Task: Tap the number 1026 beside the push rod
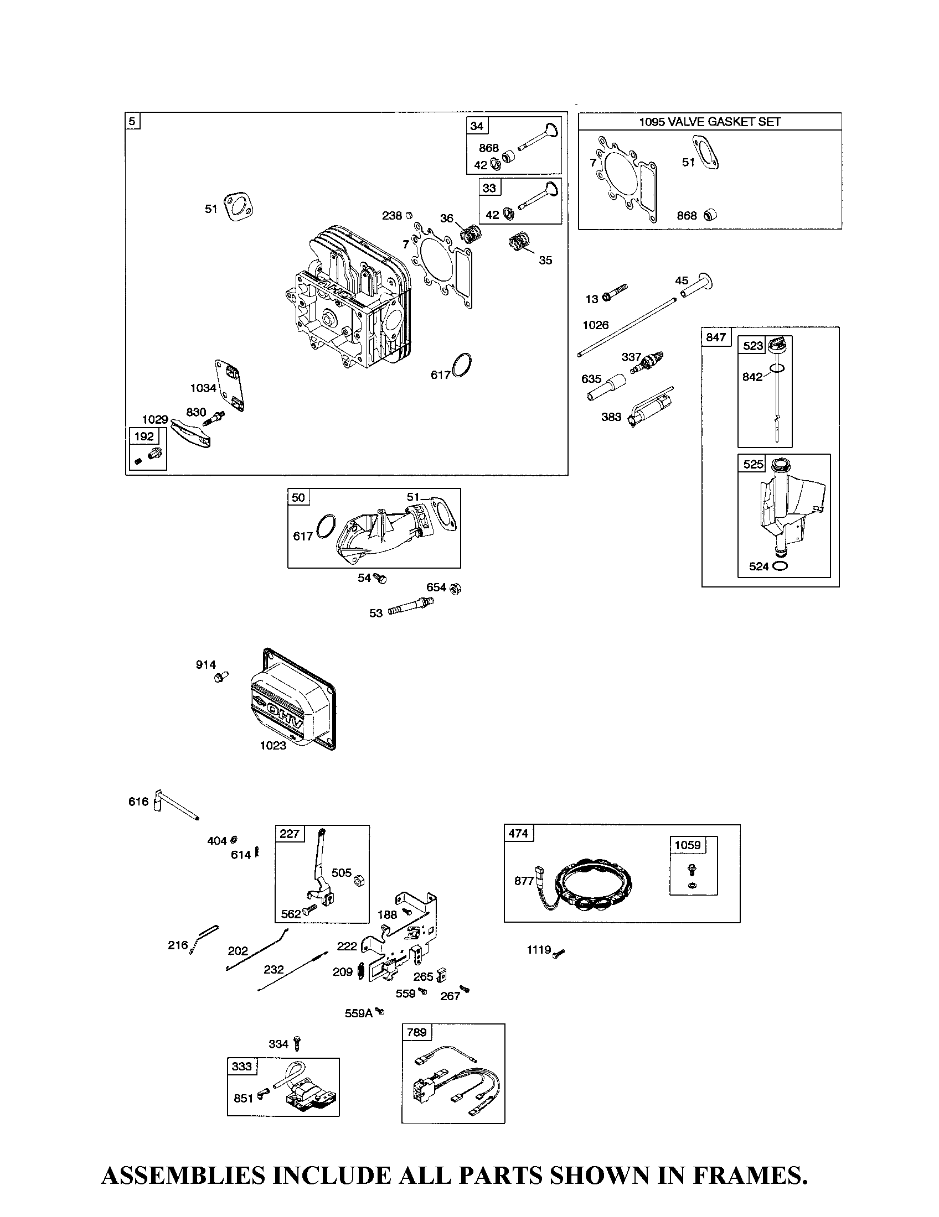pyautogui.click(x=596, y=325)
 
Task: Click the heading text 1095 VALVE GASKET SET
pyautogui.click(x=709, y=122)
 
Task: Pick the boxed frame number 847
pyautogui.click(x=716, y=337)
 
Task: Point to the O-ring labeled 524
pyautogui.click(x=781, y=566)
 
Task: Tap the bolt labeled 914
pyautogui.click(x=221, y=678)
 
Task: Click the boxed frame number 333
pyautogui.click(x=242, y=1066)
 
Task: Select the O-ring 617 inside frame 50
pyautogui.click(x=326, y=527)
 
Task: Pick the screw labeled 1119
pyautogui.click(x=559, y=955)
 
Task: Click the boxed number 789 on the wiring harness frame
pyautogui.click(x=416, y=1032)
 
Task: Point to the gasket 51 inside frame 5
pyautogui.click(x=239, y=206)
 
